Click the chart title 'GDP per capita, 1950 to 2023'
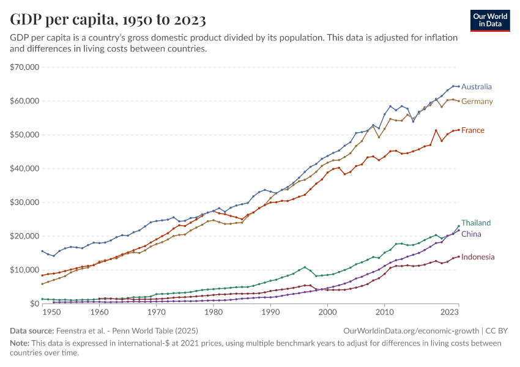point(108,20)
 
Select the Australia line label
point(477,87)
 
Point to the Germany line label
point(477,102)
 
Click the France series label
point(473,130)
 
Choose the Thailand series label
point(476,223)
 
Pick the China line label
point(471,234)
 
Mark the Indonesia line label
point(478,258)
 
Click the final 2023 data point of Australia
point(459,86)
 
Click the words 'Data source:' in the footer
point(31,331)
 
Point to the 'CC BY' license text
point(498,331)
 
